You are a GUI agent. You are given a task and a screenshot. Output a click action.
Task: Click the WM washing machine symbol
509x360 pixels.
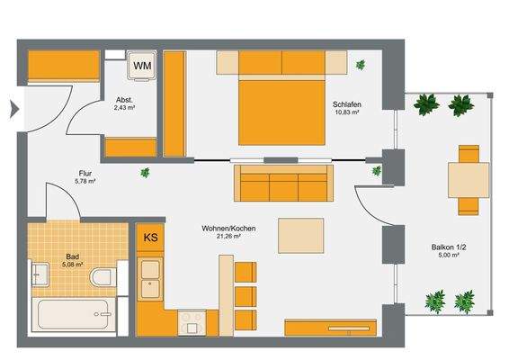click(142, 66)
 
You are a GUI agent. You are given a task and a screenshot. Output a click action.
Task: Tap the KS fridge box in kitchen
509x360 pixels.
click(149, 239)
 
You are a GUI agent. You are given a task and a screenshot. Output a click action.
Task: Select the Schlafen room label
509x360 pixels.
click(348, 103)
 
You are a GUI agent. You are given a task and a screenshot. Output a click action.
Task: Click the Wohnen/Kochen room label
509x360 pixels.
click(229, 229)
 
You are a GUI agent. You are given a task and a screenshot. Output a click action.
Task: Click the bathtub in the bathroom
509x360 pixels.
click(74, 315)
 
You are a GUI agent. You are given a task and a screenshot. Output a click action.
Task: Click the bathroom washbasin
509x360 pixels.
click(41, 274)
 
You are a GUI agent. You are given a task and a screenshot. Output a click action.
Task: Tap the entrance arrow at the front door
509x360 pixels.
click(13, 110)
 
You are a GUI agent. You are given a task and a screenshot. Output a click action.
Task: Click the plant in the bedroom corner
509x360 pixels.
click(361, 64)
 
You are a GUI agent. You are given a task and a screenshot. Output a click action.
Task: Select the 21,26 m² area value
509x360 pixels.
click(229, 238)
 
